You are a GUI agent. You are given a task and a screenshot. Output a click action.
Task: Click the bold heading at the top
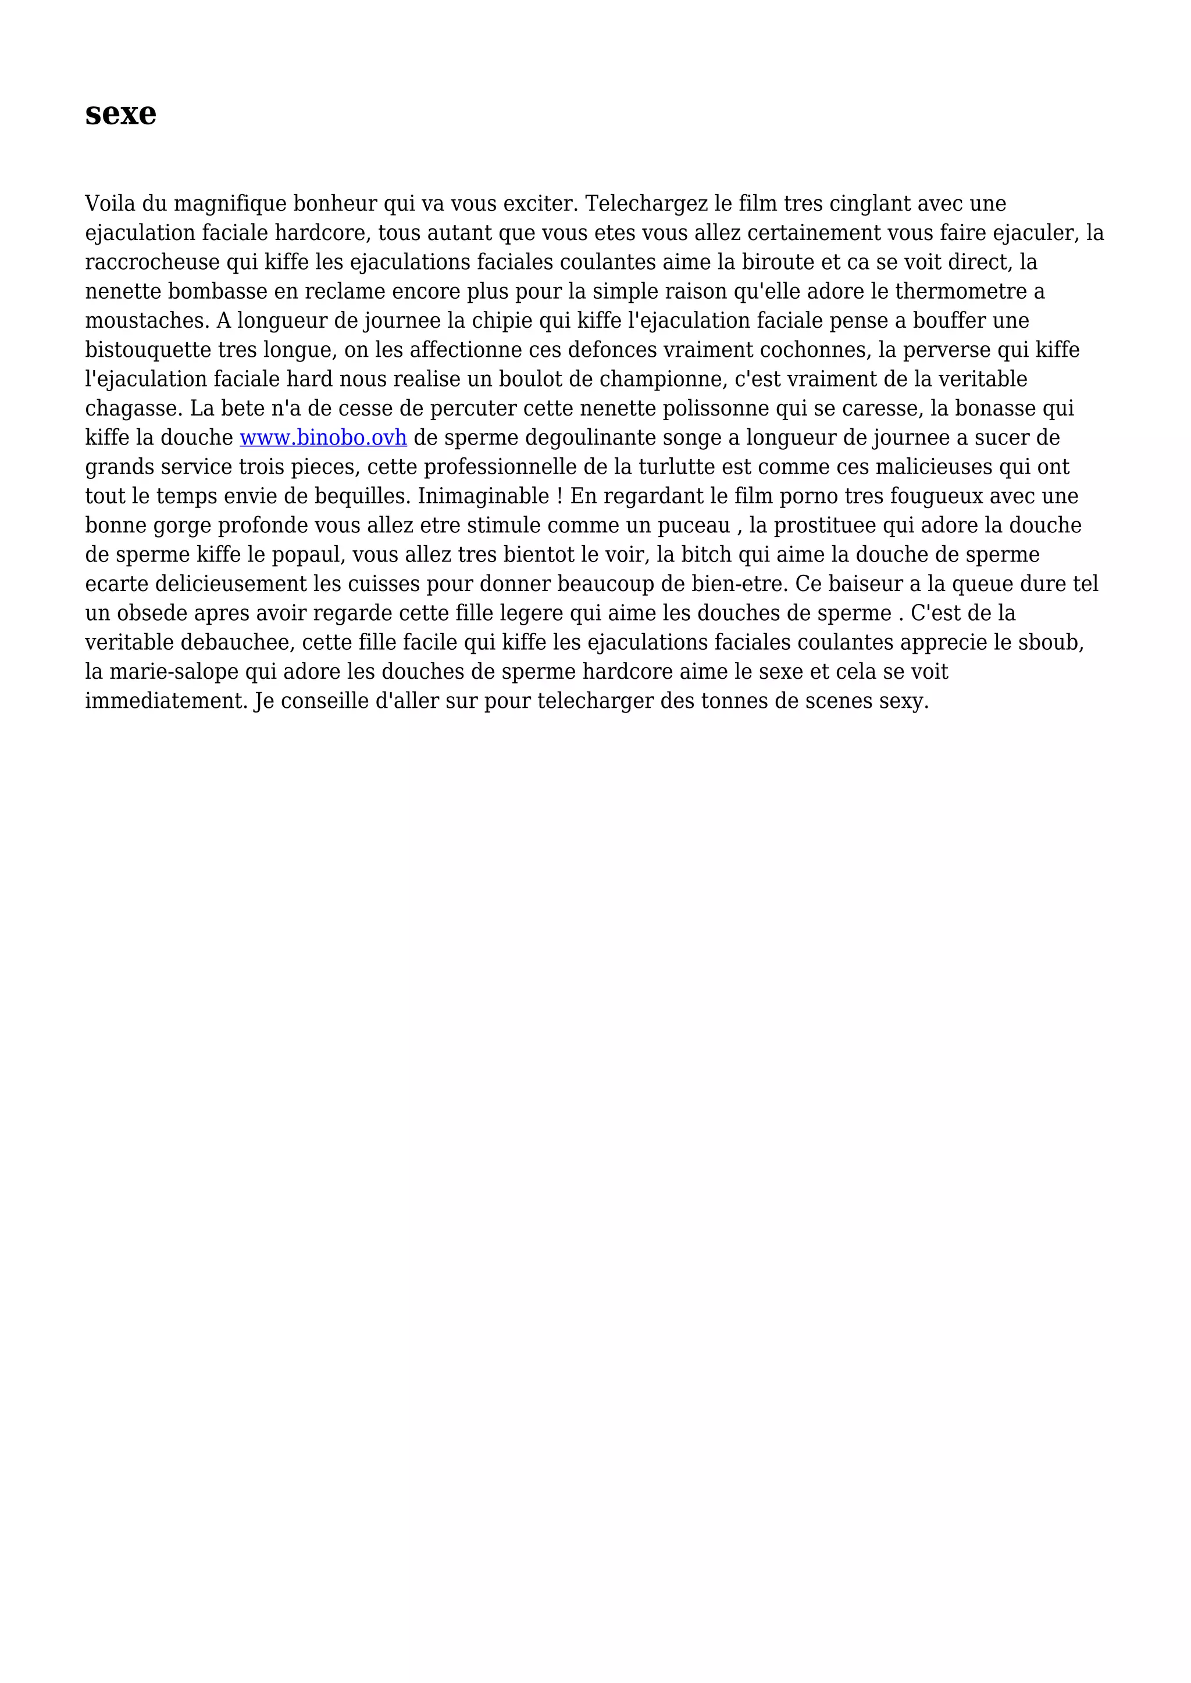point(120,114)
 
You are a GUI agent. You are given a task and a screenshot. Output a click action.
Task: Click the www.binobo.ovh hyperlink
point(323,438)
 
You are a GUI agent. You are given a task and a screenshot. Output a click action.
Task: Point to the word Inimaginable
point(483,496)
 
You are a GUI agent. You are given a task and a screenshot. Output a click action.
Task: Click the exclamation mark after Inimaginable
point(559,496)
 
